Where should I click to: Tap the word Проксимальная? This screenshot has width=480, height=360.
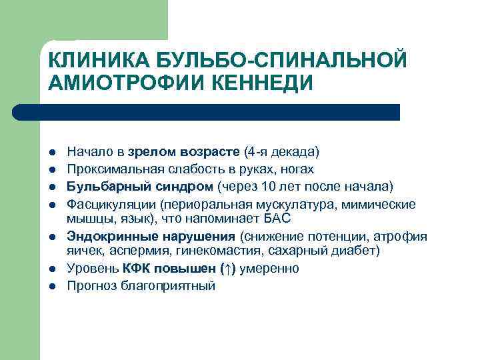pos(108,169)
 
